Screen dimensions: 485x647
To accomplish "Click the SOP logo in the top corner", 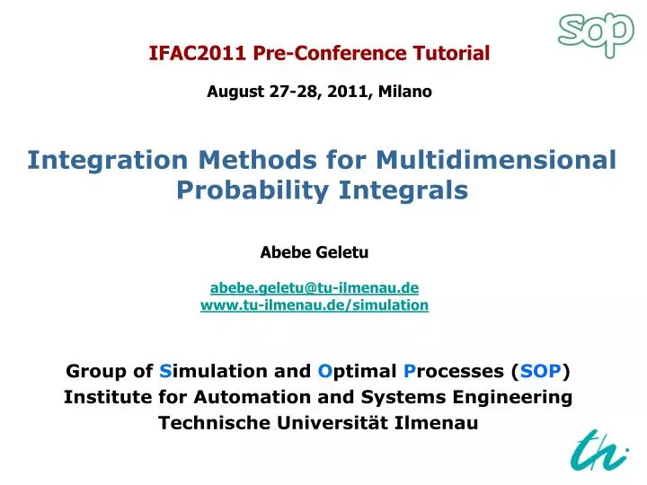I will (x=595, y=33).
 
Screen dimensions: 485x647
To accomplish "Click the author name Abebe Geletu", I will (x=315, y=252).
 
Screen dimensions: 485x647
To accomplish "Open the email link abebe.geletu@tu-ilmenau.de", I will (x=315, y=287).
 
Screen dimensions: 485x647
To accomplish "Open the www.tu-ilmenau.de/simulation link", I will (x=315, y=305).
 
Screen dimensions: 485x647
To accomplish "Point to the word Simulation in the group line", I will (x=209, y=371).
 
